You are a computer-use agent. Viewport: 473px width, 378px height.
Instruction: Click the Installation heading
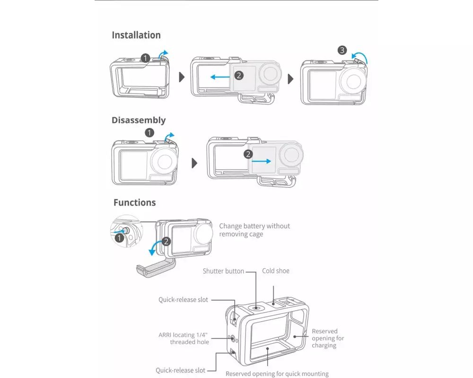point(136,35)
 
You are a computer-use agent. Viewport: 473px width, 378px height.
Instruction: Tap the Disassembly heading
point(139,120)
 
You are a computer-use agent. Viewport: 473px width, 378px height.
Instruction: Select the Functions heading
point(134,203)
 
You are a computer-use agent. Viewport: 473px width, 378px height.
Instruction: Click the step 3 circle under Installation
point(342,50)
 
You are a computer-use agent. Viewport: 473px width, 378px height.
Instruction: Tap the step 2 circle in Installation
point(239,75)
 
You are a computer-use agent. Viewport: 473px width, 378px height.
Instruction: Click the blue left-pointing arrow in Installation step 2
point(220,77)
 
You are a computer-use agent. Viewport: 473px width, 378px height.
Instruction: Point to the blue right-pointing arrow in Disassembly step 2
point(261,161)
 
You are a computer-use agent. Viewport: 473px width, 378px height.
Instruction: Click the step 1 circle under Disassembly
point(149,133)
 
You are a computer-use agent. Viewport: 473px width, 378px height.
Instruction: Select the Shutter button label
point(223,271)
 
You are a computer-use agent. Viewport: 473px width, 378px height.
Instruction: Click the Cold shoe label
point(276,271)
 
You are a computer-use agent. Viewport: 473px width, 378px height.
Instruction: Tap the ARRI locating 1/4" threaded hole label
point(184,338)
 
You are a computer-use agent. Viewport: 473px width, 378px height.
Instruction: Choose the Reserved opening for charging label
point(328,338)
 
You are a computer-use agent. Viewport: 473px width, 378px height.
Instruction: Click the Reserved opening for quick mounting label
point(277,374)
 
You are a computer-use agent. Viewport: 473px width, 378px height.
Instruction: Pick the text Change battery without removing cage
point(254,230)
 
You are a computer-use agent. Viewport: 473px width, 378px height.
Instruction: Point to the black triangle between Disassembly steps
point(194,163)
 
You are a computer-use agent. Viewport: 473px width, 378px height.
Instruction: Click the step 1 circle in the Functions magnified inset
point(119,238)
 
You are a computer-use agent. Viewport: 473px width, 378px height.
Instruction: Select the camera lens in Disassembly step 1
point(165,162)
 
